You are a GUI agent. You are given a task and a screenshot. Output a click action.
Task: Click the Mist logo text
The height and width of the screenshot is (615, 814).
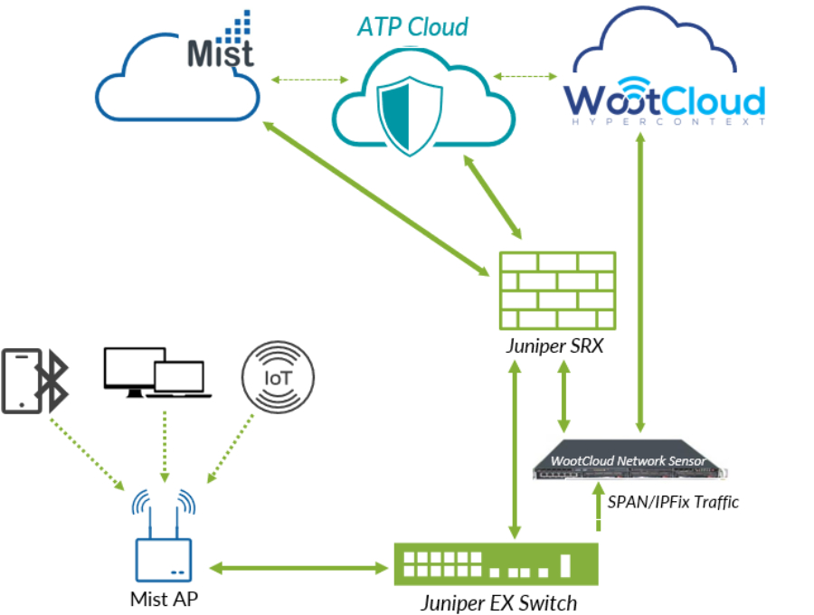(x=220, y=52)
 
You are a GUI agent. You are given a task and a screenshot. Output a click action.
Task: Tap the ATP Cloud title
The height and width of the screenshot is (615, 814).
(x=412, y=27)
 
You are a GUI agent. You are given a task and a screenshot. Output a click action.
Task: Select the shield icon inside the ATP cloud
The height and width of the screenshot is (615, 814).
(x=412, y=115)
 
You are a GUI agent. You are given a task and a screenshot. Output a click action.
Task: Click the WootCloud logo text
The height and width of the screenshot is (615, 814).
(x=664, y=100)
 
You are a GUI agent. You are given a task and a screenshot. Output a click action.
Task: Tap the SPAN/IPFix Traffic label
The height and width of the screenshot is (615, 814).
(x=672, y=501)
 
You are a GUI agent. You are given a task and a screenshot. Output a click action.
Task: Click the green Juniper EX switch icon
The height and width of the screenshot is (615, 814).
(x=496, y=563)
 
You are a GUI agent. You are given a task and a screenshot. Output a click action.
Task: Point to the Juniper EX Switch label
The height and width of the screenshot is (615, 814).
(x=498, y=601)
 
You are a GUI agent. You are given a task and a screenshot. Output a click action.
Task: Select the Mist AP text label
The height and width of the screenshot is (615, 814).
(x=164, y=598)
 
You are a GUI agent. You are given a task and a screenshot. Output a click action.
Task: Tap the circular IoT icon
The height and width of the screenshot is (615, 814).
(x=278, y=376)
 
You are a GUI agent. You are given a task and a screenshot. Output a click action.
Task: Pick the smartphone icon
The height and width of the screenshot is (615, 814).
(x=20, y=381)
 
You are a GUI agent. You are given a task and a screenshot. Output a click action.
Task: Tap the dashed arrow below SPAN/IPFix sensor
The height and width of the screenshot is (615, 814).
(x=597, y=514)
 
